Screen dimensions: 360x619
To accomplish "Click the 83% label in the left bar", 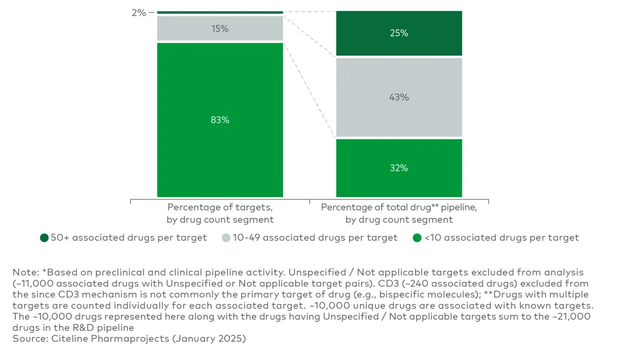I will [x=220, y=120].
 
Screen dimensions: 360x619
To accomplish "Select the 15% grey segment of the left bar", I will [x=220, y=29].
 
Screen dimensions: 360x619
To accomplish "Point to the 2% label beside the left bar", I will [x=139, y=13].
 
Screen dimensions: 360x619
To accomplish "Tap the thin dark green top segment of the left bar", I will [x=220, y=12].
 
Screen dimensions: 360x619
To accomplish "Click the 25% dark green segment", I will [x=399, y=33].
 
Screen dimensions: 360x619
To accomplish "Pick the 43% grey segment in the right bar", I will [x=399, y=97].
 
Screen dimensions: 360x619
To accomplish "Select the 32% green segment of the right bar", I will [x=399, y=168].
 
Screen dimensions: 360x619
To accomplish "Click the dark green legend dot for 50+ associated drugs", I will [x=44, y=238].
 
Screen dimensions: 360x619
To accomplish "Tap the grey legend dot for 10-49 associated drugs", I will [x=226, y=238].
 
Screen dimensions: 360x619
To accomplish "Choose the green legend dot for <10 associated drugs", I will [x=417, y=238].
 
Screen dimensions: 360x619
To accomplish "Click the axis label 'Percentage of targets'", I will [x=220, y=208].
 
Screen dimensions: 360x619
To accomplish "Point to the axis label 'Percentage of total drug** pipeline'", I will [x=399, y=208].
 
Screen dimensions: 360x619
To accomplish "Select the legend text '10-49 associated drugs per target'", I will [x=315, y=238].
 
